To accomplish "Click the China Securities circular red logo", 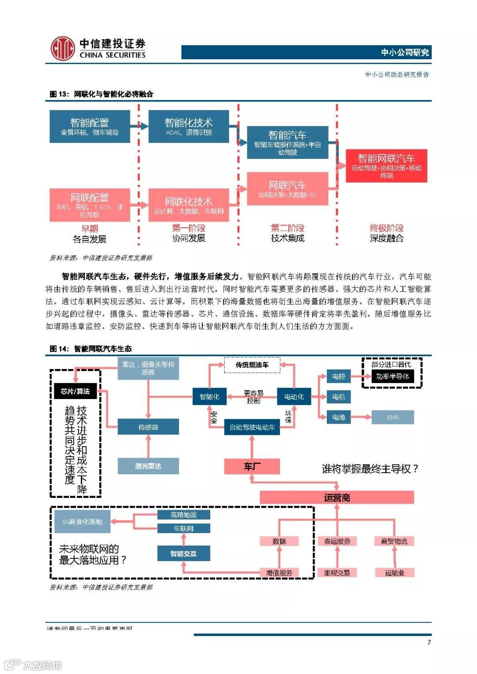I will pos(62,49).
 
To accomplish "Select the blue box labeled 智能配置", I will pos(90,127).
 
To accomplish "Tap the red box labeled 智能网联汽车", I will pos(386,166).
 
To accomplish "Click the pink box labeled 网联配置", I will pos(90,205).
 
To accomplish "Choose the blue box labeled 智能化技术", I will pos(189,127).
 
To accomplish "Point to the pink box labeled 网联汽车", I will pos(288,189).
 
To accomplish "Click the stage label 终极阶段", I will pos(386,228).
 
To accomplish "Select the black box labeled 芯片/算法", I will pos(75,392).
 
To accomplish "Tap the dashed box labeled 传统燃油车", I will pos(252,365).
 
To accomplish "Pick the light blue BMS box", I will pos(393,417).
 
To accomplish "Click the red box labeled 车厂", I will pos(252,467).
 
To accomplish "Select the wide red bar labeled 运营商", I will pos(337,498).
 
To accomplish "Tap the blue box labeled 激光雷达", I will pos(148,466).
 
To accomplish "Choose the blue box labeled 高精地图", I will pos(184,515).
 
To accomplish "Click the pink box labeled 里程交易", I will pos(337,573).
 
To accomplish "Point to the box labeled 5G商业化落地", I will pos(82,522).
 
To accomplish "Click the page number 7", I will pos(429,642).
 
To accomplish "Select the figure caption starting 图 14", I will pos(91,349).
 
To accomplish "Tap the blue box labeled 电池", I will pos(339,417).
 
